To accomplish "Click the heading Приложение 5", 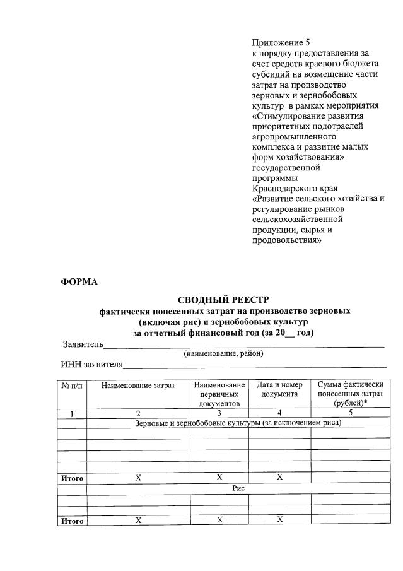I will click(277, 43).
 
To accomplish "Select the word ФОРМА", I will click(79, 281).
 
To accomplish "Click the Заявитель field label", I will click(82, 344).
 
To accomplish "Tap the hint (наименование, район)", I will click(223, 354).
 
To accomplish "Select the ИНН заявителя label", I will click(91, 365).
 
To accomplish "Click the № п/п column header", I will click(72, 385).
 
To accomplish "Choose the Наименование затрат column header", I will click(138, 385).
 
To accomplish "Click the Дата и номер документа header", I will click(279, 389).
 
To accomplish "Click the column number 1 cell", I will click(72, 413).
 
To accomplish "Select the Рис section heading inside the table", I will click(238, 488).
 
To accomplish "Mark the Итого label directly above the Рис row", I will click(72, 478).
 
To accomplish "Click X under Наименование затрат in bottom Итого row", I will click(138, 520).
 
